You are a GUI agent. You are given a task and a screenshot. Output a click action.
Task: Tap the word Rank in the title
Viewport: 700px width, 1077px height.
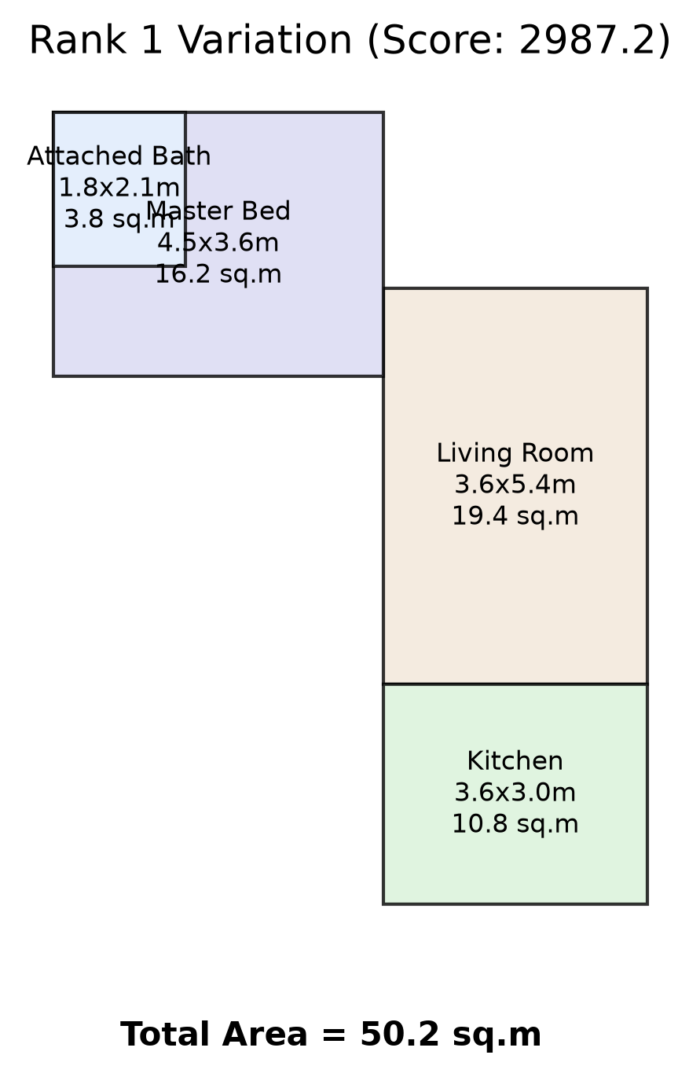78,40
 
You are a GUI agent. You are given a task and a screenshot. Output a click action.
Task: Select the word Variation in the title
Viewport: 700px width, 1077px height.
265,40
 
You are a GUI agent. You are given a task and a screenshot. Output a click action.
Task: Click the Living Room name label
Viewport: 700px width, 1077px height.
515,453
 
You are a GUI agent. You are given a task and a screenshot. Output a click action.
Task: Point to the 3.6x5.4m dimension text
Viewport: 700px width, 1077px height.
515,484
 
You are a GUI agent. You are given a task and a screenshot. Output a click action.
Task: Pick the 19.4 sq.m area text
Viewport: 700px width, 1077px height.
515,516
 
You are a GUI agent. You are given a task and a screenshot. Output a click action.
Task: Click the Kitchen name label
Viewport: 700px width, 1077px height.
515,761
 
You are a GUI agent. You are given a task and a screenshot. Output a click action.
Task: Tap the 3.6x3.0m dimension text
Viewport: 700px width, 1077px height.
515,793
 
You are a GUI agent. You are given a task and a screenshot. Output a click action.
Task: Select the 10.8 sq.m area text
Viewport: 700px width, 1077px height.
515,824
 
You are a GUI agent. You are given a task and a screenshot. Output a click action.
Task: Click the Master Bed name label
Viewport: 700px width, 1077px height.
218,211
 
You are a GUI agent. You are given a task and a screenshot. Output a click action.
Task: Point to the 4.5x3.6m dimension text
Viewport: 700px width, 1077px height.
218,242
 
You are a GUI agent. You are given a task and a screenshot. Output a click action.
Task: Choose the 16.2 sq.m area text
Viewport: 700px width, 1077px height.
218,274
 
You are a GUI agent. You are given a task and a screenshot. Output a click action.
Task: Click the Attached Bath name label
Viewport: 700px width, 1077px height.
119,156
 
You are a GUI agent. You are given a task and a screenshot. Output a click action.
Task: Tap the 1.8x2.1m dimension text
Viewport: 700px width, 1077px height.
119,188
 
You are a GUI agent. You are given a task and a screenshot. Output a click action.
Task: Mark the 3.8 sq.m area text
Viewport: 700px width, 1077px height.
119,219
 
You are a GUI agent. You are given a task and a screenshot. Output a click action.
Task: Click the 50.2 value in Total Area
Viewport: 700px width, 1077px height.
400,1034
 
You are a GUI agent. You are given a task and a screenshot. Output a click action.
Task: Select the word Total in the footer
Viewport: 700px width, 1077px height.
167,1034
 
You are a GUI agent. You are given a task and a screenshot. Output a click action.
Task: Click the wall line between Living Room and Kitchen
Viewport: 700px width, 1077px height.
515,683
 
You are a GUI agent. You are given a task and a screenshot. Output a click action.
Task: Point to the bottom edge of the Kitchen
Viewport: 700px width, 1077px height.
515,904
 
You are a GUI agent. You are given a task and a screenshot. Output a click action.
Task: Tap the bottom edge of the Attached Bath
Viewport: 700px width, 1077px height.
119,266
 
